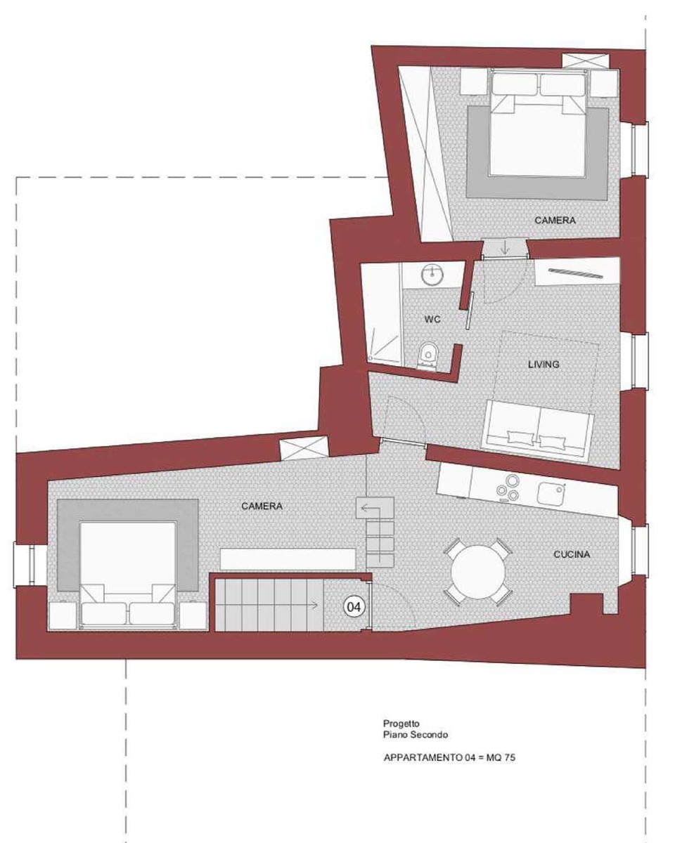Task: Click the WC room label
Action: (432, 319)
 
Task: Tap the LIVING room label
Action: (544, 365)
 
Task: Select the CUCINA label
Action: (572, 554)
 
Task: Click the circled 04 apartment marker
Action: (354, 607)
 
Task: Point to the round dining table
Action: (478, 571)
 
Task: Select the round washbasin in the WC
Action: (432, 273)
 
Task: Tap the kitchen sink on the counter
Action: (552, 495)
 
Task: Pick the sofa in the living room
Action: (537, 429)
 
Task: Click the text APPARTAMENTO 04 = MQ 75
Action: (449, 757)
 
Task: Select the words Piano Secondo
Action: (416, 735)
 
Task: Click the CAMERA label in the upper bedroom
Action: (555, 220)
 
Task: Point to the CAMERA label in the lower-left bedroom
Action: (262, 506)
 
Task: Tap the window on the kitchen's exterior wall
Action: (639, 549)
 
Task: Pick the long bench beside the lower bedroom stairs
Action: (288, 559)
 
